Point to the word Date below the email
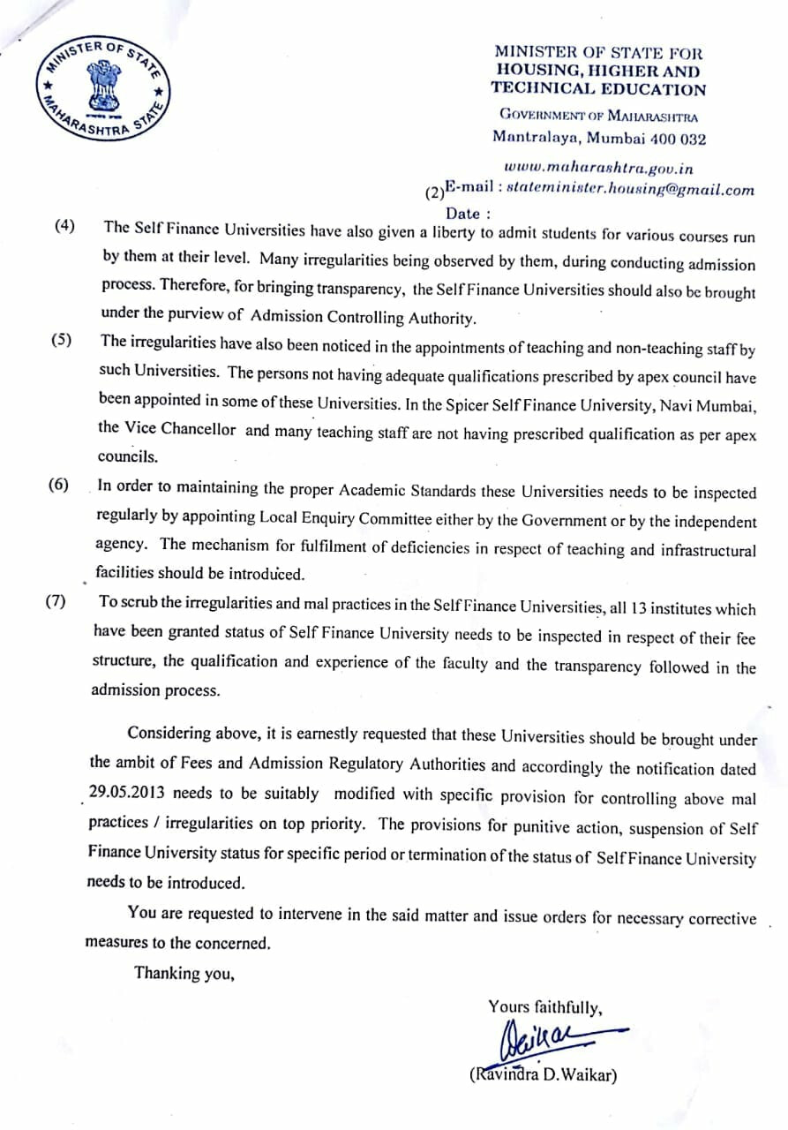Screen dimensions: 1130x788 pos(464,213)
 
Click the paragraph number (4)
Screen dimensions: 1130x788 pos(65,225)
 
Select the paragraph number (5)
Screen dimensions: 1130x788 pos(62,342)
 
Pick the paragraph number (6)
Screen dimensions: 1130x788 pos(59,486)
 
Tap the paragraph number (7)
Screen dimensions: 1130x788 pos(56,604)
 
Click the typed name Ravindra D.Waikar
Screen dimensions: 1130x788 pos(544,1075)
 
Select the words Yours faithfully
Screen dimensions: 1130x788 pos(545,1007)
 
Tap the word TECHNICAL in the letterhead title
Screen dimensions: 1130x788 pos(544,88)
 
